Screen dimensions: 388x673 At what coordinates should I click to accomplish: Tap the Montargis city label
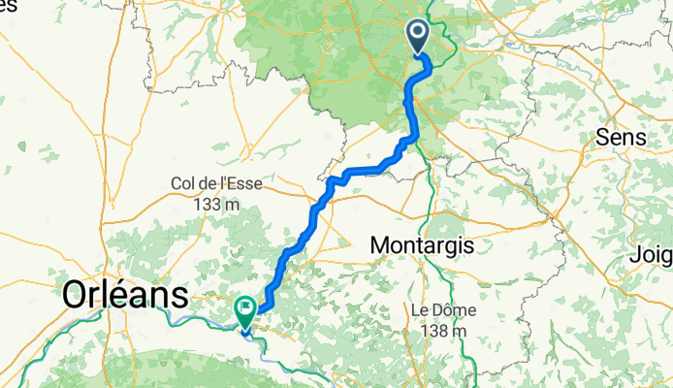pos(423,245)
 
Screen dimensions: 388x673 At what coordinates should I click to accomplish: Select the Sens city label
pos(621,137)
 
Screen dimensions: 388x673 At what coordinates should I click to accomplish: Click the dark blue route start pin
pos(418,38)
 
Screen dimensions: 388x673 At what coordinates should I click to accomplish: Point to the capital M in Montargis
pos(382,245)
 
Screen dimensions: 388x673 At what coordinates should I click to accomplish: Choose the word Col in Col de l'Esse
pos(183,182)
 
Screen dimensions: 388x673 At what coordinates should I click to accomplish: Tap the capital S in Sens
pos(602,137)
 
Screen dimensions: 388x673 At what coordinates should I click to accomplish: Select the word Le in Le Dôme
pos(419,309)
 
